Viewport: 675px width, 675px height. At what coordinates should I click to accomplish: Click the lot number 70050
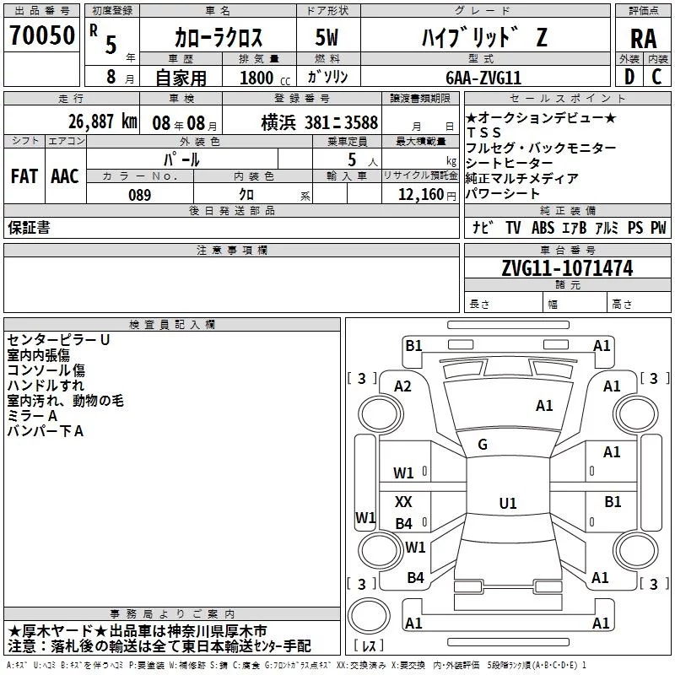pyautogui.click(x=42, y=35)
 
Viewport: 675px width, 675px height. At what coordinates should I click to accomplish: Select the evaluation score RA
pyautogui.click(x=643, y=39)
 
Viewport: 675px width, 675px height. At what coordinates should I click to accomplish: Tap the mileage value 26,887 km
pyautogui.click(x=103, y=121)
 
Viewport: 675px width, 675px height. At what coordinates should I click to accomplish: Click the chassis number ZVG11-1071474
pyautogui.click(x=567, y=268)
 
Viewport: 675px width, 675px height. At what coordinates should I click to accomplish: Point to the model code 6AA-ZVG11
pyautogui.click(x=483, y=78)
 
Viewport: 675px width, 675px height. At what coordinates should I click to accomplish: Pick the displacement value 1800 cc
pyautogui.click(x=265, y=78)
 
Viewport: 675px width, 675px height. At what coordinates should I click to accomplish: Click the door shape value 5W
pyautogui.click(x=327, y=37)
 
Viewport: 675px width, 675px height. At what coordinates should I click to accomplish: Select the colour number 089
pyautogui.click(x=140, y=195)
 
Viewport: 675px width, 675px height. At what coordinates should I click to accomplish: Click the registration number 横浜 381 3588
pyautogui.click(x=320, y=122)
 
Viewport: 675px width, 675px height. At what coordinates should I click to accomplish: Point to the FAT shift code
pyautogui.click(x=24, y=176)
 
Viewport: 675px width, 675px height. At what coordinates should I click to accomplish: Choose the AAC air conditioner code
pyautogui.click(x=65, y=176)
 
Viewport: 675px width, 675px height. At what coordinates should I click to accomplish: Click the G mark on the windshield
pyautogui.click(x=483, y=445)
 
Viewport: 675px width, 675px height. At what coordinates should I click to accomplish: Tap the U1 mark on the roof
pyautogui.click(x=508, y=503)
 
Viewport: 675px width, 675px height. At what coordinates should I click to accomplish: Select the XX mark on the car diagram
pyautogui.click(x=403, y=501)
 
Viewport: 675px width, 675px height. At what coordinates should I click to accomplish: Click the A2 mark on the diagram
pyautogui.click(x=402, y=386)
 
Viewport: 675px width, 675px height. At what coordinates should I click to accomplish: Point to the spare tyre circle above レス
pyautogui.click(x=369, y=616)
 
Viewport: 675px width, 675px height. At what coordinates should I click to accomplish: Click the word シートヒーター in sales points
pyautogui.click(x=510, y=163)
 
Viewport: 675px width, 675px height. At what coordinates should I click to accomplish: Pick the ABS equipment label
pyautogui.click(x=543, y=228)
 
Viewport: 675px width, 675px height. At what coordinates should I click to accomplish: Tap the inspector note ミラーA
pyautogui.click(x=32, y=416)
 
